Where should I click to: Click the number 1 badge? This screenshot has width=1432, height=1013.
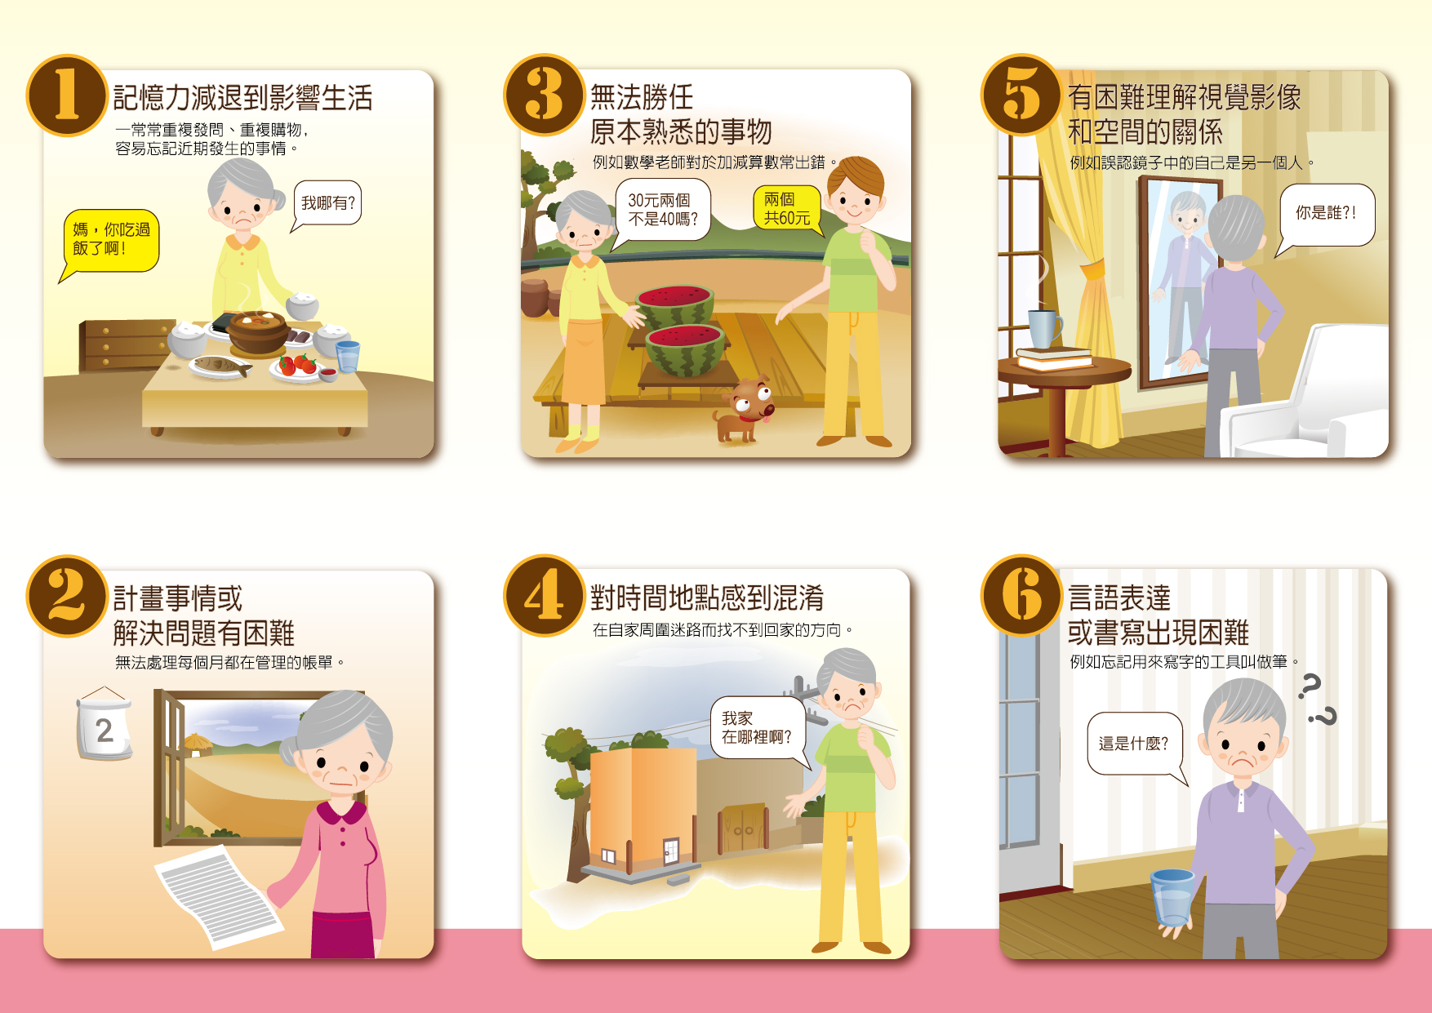pyautogui.click(x=67, y=95)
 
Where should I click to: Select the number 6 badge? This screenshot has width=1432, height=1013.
pyautogui.click(x=1021, y=595)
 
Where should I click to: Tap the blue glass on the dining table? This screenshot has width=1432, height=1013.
pyautogui.click(x=348, y=357)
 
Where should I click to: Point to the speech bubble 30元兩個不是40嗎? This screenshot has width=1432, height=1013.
pyautogui.click(x=661, y=211)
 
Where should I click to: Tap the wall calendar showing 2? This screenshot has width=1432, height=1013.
pyautogui.click(x=104, y=724)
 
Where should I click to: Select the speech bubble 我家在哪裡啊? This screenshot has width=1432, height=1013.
pyautogui.click(x=758, y=728)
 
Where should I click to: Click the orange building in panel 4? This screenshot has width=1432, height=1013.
pyautogui.click(x=643, y=808)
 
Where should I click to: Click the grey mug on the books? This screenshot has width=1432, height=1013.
pyautogui.click(x=1043, y=328)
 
